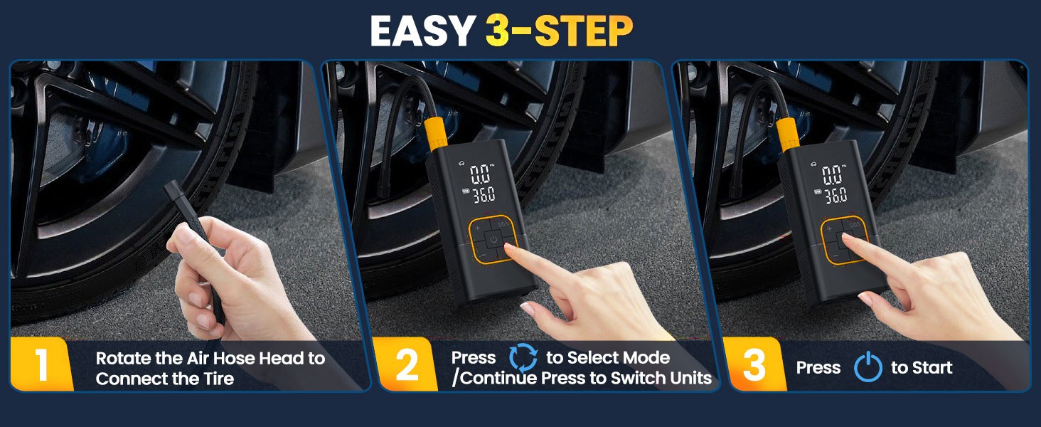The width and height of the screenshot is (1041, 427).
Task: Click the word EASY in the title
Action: [x=423, y=31]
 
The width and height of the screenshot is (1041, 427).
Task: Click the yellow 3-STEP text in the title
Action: [x=559, y=31]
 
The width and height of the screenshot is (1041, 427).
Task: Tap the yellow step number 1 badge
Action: [x=41, y=365]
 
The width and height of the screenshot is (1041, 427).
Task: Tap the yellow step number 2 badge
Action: [x=406, y=365]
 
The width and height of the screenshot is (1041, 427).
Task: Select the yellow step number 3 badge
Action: [x=754, y=365]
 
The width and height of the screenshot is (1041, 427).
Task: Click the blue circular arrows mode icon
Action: [x=523, y=358]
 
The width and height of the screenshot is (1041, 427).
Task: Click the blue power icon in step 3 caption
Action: [x=867, y=368]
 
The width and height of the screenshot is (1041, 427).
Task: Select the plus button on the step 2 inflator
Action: [x=477, y=228]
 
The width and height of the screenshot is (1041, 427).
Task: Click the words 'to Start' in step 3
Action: [x=922, y=368]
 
